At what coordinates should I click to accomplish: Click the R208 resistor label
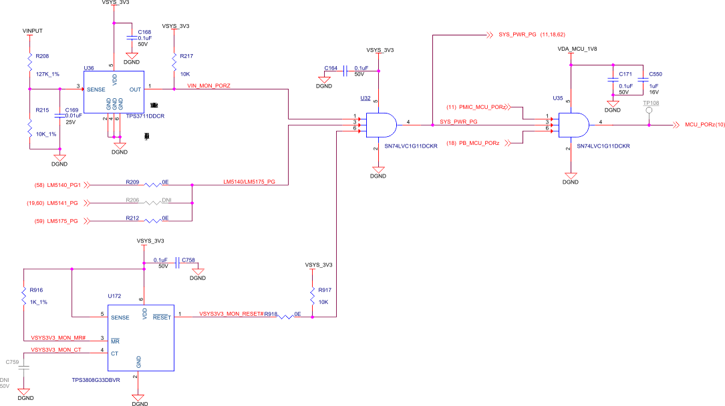tap(42, 56)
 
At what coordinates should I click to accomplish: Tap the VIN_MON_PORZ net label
tap(210, 86)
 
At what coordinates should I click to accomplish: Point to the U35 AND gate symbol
tap(572, 124)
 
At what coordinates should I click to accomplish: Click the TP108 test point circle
tap(648, 112)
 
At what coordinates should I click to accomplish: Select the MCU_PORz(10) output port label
tap(705, 124)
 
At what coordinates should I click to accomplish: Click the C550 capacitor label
tap(655, 73)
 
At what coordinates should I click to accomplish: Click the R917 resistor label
tap(325, 290)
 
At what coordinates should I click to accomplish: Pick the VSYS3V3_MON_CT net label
tap(56, 349)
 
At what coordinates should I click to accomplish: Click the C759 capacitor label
tap(12, 361)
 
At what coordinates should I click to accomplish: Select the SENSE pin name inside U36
tap(97, 89)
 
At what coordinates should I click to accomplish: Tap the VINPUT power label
tap(33, 31)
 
